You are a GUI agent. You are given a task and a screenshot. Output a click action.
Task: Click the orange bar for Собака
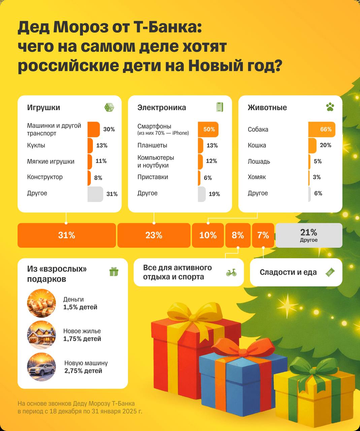tap(322, 129)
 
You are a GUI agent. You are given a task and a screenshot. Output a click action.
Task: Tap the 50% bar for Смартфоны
tap(208, 129)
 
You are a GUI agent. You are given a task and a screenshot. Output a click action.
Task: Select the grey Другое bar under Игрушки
tap(95, 194)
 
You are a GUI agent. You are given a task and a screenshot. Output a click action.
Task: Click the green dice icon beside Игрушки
tap(109, 107)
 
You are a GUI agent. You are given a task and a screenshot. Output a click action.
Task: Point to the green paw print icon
tap(330, 107)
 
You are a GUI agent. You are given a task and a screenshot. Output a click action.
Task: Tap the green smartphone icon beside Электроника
tap(220, 107)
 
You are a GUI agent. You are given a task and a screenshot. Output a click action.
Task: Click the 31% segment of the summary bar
tap(67, 235)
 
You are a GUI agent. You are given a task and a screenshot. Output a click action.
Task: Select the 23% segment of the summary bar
tap(154, 235)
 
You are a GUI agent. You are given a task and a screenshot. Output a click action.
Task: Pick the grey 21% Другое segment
tap(309, 235)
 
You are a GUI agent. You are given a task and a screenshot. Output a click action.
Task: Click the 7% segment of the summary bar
tap(263, 235)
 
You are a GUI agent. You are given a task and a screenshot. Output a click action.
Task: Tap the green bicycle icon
tap(231, 272)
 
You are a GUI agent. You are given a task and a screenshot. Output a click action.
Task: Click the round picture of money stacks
tap(41, 303)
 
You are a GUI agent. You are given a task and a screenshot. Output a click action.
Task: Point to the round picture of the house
tap(41, 335)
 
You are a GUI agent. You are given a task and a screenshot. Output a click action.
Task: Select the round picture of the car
tap(41, 367)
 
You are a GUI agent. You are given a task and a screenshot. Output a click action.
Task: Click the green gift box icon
tap(114, 272)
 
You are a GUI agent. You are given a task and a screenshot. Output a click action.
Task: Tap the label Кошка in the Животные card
tap(257, 145)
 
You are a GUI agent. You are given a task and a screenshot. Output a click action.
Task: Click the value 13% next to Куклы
tap(102, 145)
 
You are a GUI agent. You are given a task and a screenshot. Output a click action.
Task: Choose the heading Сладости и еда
tap(288, 272)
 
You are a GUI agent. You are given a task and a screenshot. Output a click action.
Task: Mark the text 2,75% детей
tap(83, 371)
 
